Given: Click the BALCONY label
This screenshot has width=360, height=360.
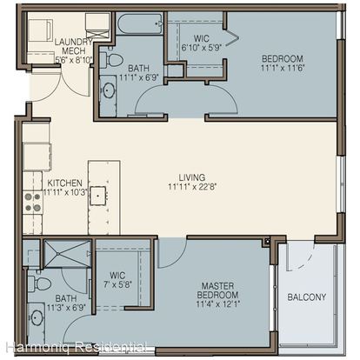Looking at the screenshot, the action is tap(307, 297).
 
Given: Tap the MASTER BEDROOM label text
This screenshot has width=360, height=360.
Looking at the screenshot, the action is tap(217, 290).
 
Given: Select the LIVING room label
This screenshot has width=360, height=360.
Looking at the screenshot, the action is tap(192, 177).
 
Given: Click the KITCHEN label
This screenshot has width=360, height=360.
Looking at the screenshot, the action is tap(64, 183).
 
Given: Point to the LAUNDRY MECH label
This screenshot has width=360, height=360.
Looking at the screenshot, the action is tap(74, 46).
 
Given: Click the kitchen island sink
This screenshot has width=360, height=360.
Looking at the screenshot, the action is tap(98, 196).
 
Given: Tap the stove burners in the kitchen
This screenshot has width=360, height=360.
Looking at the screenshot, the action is tap(33, 203).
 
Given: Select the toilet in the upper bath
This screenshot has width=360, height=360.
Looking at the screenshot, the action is tap(112, 59).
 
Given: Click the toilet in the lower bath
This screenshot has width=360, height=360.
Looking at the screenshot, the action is tap(40, 283).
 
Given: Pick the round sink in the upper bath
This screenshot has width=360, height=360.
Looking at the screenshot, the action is tap(109, 90).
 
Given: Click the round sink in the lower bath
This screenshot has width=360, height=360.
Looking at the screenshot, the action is tap(37, 317).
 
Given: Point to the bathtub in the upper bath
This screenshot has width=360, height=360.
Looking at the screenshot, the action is tap(140, 24).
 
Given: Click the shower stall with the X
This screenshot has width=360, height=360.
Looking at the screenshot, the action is tap(67, 254).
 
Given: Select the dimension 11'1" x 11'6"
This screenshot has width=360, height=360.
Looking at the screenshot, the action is tap(283, 69).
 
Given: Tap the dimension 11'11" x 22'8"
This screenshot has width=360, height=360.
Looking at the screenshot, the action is tap(192, 187).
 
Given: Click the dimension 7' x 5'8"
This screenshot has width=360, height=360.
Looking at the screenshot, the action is tap(117, 285).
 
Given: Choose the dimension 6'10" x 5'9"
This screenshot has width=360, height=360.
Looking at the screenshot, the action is tap(202, 48).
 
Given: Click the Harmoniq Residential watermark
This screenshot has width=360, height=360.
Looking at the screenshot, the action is tap(77, 347).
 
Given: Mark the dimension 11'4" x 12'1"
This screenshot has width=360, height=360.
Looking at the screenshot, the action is tap(217, 304).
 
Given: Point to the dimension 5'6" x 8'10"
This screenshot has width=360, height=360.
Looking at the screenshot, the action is tap(74, 60).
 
